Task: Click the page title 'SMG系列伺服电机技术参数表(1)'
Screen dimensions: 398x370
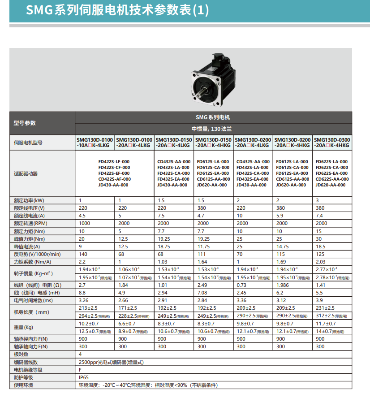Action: coord(117,10)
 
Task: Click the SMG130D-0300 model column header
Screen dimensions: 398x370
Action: coord(332,143)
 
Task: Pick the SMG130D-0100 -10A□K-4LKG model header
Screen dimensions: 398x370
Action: coord(95,143)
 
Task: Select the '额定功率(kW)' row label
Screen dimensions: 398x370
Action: coord(29,200)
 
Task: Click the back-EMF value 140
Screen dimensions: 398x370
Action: coord(83,254)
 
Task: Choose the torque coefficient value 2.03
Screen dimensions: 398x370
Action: coord(322,262)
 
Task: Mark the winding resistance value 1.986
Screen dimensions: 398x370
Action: coord(284,285)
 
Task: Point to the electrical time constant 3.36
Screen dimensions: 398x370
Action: coord(242,300)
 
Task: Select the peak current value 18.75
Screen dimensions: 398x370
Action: coord(165,247)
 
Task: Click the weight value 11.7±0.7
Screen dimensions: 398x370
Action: coord(326,324)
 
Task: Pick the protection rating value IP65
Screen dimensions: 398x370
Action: coord(84,377)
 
